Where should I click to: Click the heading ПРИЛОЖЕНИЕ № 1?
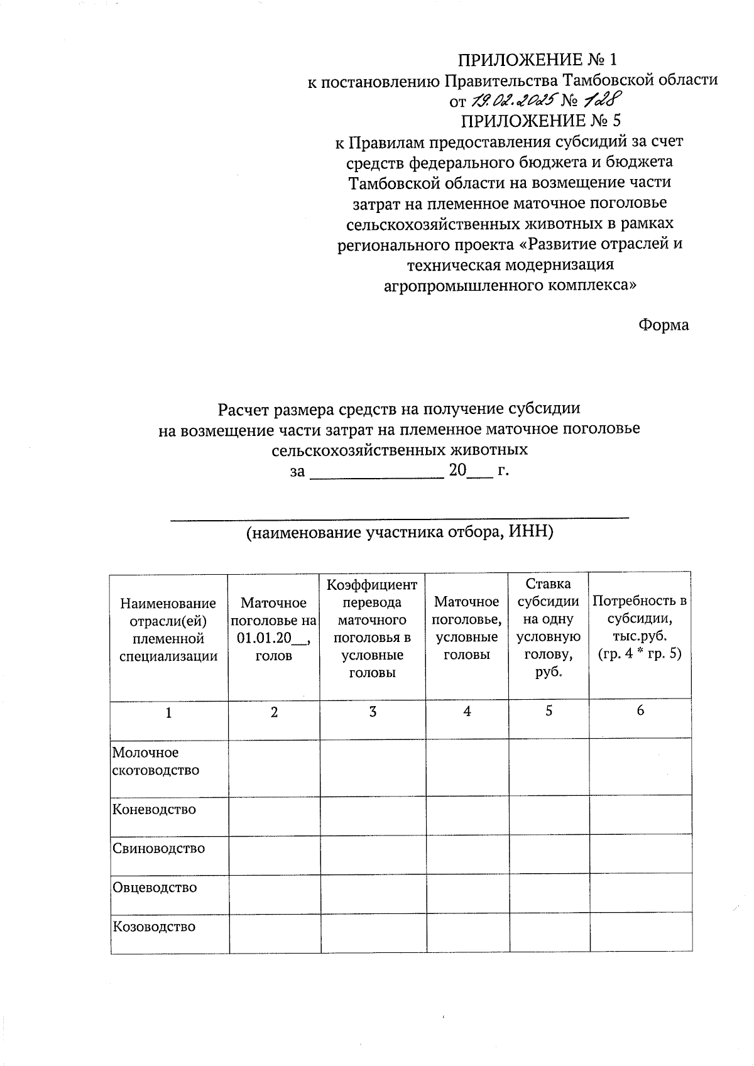pos(537,60)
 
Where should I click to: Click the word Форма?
pos(664,325)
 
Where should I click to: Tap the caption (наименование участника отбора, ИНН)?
pos(400,533)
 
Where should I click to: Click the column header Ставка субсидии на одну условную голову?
pos(548,628)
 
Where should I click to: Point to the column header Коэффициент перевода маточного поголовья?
pos(372,629)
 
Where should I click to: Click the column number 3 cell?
pos(373,712)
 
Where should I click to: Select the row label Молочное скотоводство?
pos(155,761)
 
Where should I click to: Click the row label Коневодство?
pos(154,809)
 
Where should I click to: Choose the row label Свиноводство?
pos(158,848)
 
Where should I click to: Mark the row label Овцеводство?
pos(155,888)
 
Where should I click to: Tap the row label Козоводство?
pos(154,927)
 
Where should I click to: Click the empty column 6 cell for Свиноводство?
pos(640,855)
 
